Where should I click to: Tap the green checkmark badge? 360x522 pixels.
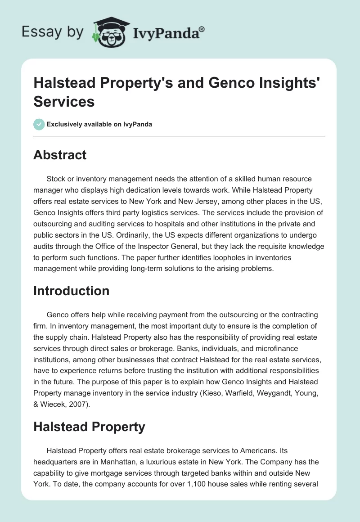tap(39, 124)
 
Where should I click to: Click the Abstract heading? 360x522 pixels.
tap(60, 155)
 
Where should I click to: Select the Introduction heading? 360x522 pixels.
tap(71, 291)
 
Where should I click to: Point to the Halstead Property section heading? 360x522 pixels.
tap(89, 427)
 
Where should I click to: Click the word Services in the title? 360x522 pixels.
tap(64, 101)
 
